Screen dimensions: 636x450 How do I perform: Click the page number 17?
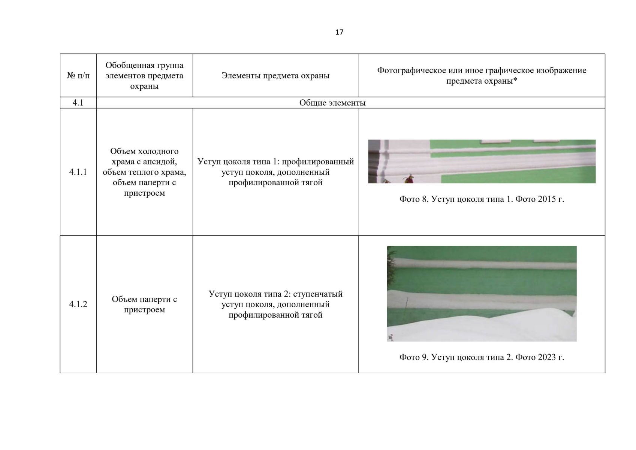tap(339, 32)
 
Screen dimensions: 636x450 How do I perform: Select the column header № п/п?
tap(78, 76)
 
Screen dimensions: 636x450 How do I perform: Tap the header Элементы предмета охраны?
tap(275, 76)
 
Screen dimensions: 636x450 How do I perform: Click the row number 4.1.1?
tap(78, 172)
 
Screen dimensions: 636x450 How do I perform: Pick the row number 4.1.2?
tap(78, 304)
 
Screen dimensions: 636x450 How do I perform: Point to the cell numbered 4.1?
tap(78, 102)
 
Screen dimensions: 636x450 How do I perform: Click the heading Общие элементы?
tap(332, 103)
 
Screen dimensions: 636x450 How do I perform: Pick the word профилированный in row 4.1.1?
tap(318, 162)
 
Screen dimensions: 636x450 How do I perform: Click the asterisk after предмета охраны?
tap(515, 80)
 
